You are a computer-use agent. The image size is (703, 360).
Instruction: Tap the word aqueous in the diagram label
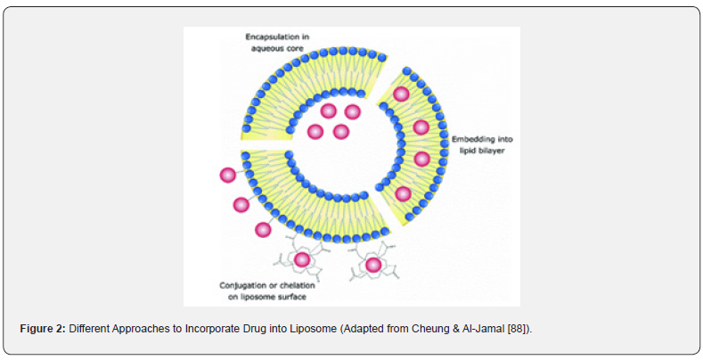pos(267,48)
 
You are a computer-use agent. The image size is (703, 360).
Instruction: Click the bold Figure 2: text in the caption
pos(43,329)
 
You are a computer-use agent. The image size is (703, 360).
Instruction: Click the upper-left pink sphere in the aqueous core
pos(328,110)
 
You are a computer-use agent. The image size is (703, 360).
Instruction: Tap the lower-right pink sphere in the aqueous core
pos(341,132)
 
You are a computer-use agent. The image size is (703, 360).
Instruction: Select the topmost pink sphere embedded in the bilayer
pos(401,94)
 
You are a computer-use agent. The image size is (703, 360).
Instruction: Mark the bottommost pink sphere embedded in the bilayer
pos(403,194)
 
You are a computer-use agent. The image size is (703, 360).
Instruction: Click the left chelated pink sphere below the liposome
pos(302,259)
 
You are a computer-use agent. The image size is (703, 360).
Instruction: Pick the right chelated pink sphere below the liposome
pos(373,265)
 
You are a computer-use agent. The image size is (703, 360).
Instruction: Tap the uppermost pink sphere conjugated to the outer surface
pos(228,175)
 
